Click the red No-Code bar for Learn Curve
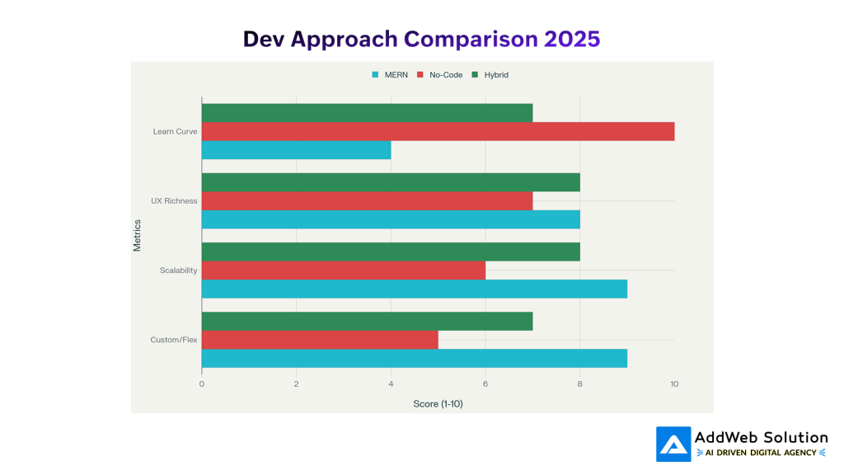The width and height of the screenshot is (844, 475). tap(438, 131)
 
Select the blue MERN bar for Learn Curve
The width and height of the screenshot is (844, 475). tap(296, 150)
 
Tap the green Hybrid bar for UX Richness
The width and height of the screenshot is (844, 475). tap(391, 181)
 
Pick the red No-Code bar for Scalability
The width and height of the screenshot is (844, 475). tap(343, 270)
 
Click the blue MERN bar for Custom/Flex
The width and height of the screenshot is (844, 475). tap(414, 358)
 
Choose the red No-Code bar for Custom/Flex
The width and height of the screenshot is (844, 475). tap(320, 340)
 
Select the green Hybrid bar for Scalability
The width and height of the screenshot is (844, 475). tap(391, 252)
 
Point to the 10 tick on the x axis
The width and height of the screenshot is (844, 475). tap(674, 383)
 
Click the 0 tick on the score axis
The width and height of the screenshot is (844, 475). tap(202, 383)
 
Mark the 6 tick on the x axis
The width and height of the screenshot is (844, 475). tap(485, 383)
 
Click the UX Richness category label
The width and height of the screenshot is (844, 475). tap(175, 200)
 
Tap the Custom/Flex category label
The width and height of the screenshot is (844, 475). tap(174, 340)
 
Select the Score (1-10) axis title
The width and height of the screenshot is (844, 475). tap(438, 403)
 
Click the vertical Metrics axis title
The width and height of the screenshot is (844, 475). tap(138, 235)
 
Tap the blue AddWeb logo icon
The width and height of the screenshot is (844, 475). tap(673, 444)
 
